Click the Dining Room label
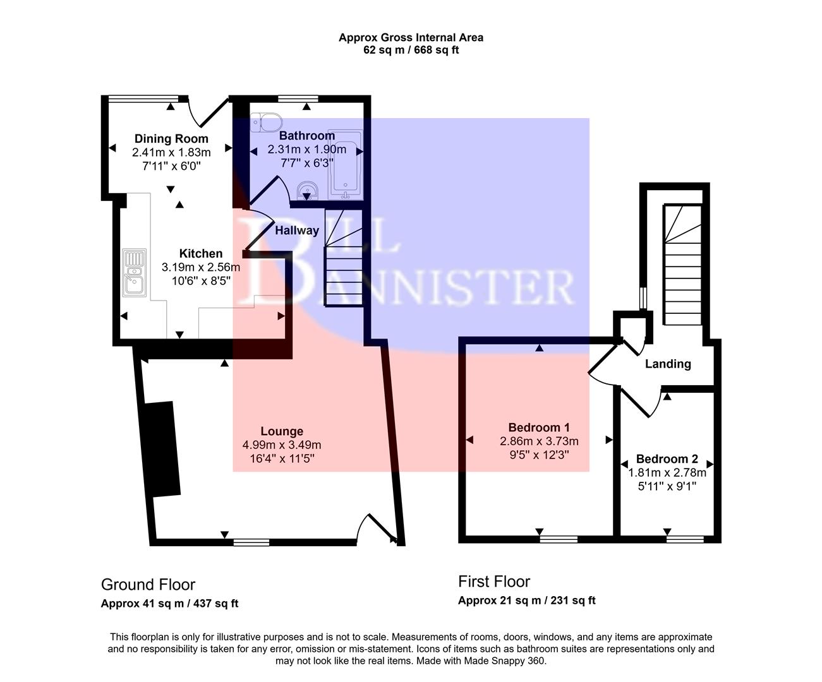171,138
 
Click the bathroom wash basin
308,189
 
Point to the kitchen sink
135,272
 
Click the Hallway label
297,230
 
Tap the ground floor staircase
344,259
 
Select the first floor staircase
682,265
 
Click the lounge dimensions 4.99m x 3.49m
282,445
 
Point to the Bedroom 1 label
539,428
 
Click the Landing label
668,364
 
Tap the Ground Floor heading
148,584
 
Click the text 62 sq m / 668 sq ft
411,50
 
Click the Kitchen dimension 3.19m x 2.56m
201,267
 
